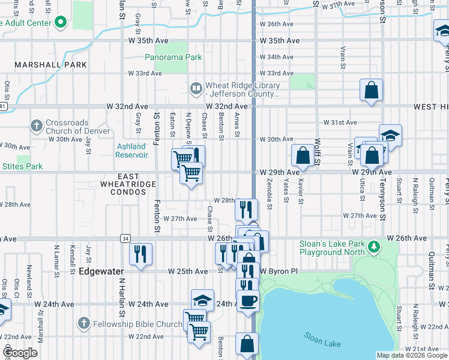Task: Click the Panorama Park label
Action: pos(173,58)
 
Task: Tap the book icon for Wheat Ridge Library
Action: pos(196,89)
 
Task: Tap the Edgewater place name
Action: pos(97,271)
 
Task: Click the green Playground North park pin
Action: pos(374,247)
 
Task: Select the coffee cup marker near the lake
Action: pos(247,300)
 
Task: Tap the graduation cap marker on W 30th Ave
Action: pos(390,135)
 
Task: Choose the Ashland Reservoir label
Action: pos(131,151)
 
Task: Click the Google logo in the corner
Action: pos(20,353)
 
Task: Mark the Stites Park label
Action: pos(22,166)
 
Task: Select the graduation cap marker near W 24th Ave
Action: pos(203,300)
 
